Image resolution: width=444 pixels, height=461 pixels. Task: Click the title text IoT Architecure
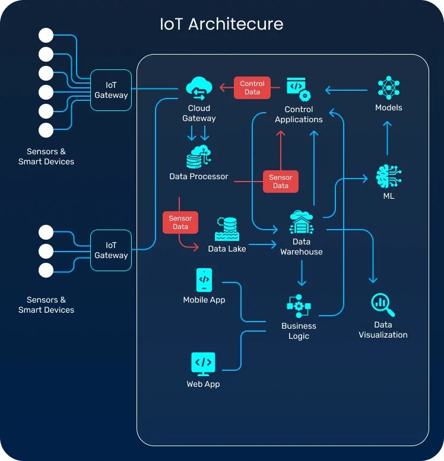point(221,24)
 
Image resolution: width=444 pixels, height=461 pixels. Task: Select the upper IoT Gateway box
point(111,90)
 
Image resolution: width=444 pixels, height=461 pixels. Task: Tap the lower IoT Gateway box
point(111,250)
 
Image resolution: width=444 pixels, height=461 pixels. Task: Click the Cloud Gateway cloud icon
point(199,88)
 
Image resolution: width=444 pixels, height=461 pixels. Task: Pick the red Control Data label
point(252,88)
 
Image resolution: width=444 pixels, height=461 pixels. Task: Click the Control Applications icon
point(299,88)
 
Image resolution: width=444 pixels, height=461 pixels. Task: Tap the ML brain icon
point(389,177)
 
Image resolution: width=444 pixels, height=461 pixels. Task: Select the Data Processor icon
point(199,157)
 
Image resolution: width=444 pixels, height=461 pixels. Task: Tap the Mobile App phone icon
point(204,279)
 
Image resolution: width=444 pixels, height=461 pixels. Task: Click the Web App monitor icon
point(203,363)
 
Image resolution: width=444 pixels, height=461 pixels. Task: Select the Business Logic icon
point(299,306)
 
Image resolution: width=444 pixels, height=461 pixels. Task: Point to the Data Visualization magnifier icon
point(383,305)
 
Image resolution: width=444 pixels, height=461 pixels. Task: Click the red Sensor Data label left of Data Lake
point(180,222)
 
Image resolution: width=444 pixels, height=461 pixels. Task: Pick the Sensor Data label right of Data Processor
point(281,182)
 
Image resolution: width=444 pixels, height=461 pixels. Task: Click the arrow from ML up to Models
point(387,139)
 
